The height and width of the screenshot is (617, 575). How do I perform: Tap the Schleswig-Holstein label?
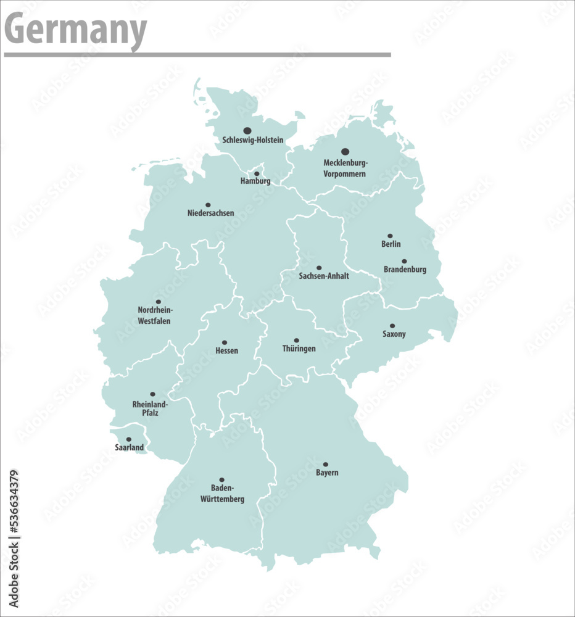[x=253, y=141]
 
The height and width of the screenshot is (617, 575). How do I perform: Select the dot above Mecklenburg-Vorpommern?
[x=345, y=151]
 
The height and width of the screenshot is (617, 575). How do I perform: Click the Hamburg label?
[x=255, y=181]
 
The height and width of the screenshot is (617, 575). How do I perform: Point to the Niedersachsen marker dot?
[x=208, y=205]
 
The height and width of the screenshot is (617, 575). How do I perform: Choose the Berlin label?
[x=391, y=244]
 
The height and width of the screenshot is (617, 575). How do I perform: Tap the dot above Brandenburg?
[x=405, y=262]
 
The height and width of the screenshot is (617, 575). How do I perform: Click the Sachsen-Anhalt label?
[x=324, y=276]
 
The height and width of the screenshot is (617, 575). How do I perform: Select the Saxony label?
[x=394, y=334]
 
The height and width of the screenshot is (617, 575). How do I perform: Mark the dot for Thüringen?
[x=296, y=341]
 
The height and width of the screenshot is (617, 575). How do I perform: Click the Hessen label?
[x=226, y=351]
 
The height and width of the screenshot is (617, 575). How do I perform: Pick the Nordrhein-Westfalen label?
[x=155, y=315]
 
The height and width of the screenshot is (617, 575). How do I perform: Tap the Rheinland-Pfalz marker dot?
[x=152, y=394]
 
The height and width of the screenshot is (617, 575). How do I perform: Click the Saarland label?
[x=130, y=447]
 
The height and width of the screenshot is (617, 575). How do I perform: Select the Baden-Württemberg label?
[x=222, y=494]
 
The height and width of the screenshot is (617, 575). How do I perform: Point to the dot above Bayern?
[x=326, y=465]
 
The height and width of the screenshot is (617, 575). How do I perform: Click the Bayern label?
[x=327, y=473]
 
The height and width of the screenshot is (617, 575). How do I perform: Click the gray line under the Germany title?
[x=197, y=55]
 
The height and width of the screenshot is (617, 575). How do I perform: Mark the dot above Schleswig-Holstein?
[x=247, y=131]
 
